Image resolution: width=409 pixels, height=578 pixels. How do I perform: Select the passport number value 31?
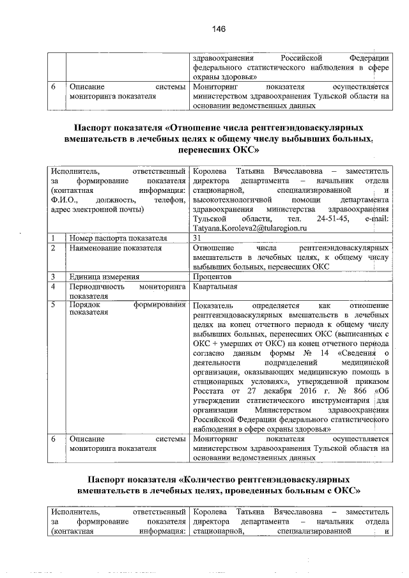pyautogui.click(x=196, y=238)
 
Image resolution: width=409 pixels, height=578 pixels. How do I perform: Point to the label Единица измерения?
pyautogui.click(x=105, y=277)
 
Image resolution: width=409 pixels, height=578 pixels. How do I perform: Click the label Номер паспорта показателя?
pyautogui.click(x=118, y=238)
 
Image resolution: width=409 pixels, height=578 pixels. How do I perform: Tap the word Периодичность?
pyautogui.click(x=97, y=287)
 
